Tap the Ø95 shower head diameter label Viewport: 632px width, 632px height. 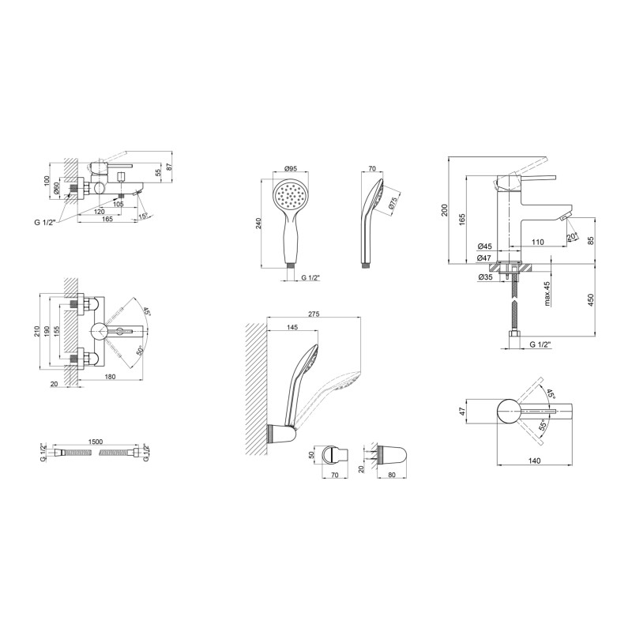[x=290, y=168]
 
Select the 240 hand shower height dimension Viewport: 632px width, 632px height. [x=258, y=223]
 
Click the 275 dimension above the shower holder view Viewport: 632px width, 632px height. [x=314, y=314]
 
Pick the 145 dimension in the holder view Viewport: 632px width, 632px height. [x=292, y=327]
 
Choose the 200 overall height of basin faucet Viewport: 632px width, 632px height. [x=445, y=210]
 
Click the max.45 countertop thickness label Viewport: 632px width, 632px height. [x=547, y=294]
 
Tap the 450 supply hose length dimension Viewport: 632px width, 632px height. [x=591, y=300]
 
